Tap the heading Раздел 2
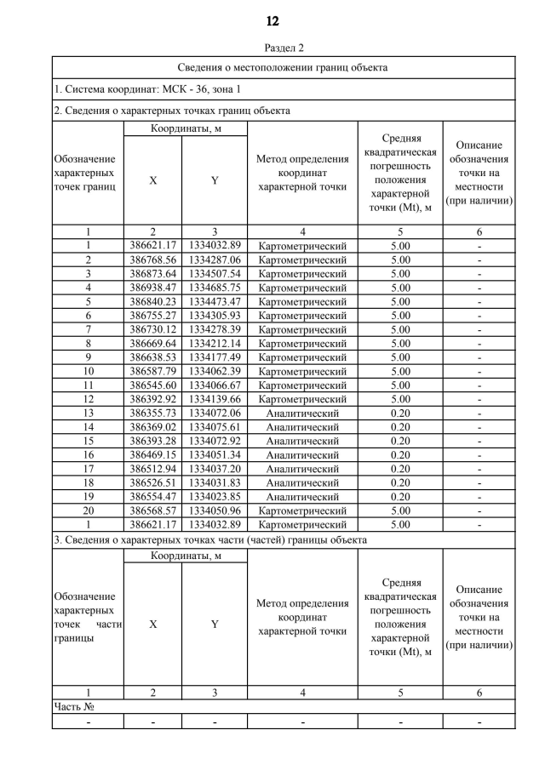click(x=272, y=48)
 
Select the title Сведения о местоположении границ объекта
click(x=283, y=67)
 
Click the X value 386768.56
click(x=152, y=259)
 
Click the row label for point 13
click(x=88, y=413)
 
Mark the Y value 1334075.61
click(x=215, y=428)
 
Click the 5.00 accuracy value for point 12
click(x=400, y=397)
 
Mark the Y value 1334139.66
click(x=215, y=397)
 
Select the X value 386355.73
click(x=152, y=413)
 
